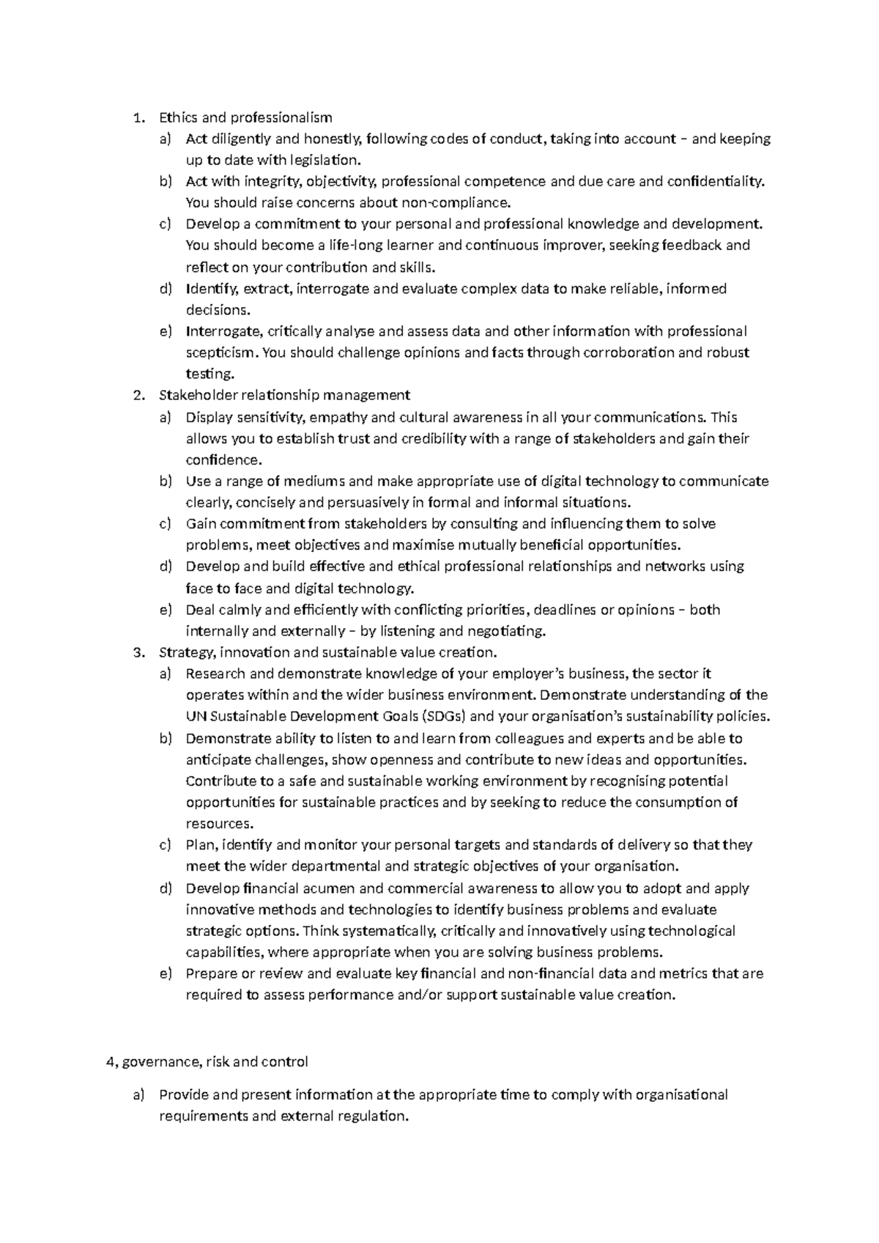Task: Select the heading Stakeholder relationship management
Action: click(x=284, y=396)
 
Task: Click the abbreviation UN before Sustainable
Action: click(x=196, y=716)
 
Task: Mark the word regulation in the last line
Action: click(x=371, y=1116)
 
